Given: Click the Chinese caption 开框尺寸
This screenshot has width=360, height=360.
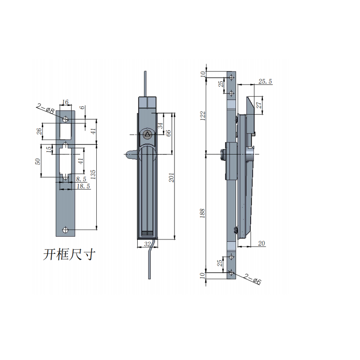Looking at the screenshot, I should [x=70, y=255].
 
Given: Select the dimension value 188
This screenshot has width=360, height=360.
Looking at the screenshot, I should [x=203, y=212].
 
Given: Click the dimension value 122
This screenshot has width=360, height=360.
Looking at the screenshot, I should [x=203, y=116].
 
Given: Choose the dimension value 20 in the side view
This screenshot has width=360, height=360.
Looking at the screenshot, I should [x=261, y=243].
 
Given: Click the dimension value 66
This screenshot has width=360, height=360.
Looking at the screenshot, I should [x=169, y=133].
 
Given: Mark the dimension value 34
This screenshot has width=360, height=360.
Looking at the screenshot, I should [x=159, y=126].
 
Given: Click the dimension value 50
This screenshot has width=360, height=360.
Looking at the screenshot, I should [x=38, y=161].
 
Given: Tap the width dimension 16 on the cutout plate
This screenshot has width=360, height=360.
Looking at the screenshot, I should [x=65, y=102].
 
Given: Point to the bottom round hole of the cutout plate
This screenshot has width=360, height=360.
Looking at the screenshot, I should [x=65, y=230].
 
